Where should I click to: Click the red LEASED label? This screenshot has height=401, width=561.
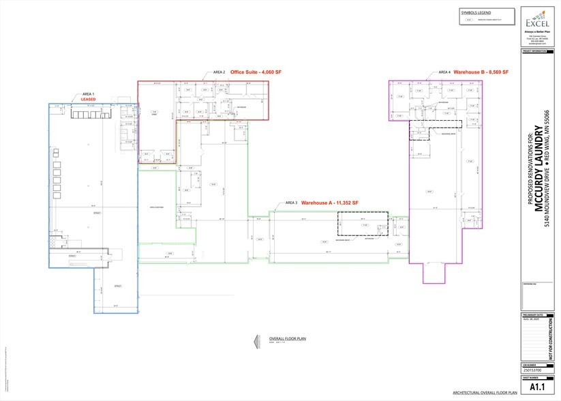pos(89,99)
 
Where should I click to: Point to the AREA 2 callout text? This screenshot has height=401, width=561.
pos(219,72)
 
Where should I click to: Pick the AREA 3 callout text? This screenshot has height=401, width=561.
pos(292,203)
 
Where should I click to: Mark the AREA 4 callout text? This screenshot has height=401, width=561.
pos(444,72)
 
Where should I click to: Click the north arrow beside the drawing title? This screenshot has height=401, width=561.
pos(255,340)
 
